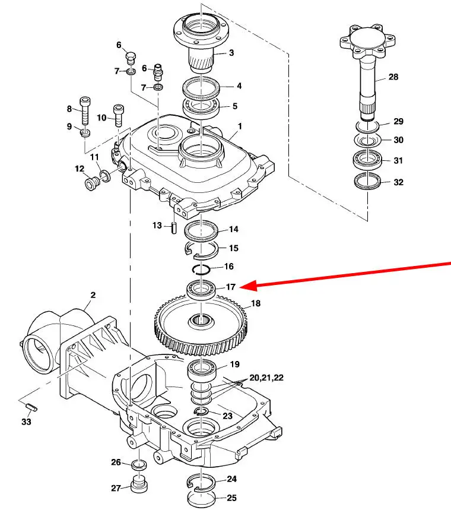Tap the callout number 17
coord(230,287)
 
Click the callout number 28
coord(393,77)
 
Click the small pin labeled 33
coord(31,407)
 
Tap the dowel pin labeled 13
coord(174,227)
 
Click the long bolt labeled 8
coord(85,111)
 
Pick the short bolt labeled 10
coord(118,116)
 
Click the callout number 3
coord(231,53)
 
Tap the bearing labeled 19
coord(202,370)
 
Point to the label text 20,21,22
coord(266,378)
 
